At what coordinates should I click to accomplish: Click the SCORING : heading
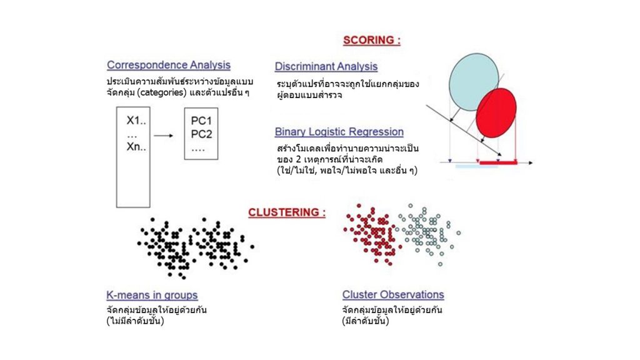pos(372,41)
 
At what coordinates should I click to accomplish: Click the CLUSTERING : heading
pos(287,212)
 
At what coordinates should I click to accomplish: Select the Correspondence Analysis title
pos(168,65)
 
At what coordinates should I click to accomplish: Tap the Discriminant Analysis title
pos(326,66)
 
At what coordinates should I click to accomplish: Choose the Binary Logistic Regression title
pos(339,132)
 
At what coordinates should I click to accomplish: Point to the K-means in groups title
pos(152,295)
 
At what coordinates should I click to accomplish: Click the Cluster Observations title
pos(392,294)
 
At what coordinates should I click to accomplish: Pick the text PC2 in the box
pos(202,134)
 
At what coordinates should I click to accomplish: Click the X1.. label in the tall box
pos(137,121)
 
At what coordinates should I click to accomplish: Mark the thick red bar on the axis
pos(498,162)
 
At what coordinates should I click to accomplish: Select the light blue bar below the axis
pos(477,167)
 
